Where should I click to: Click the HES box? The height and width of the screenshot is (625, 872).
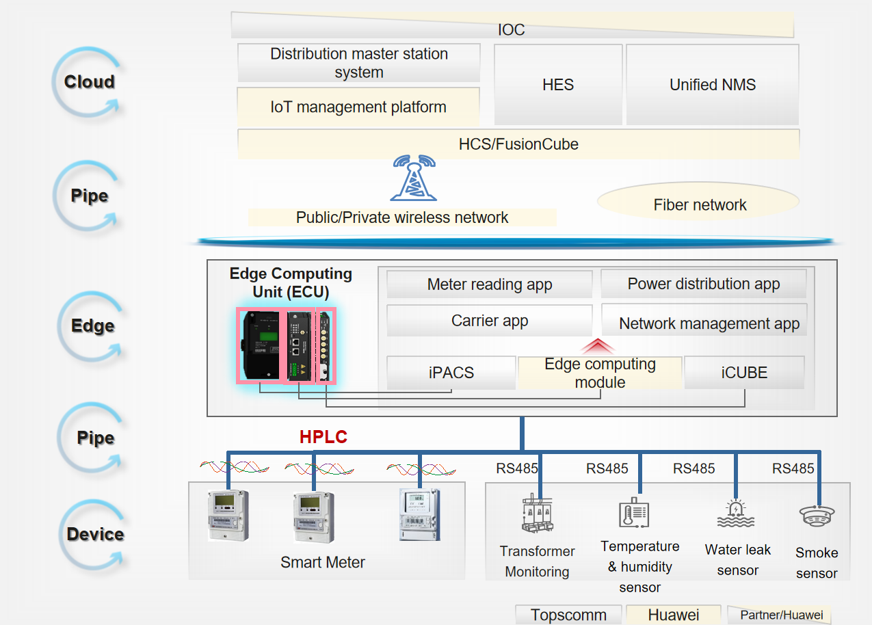(558, 84)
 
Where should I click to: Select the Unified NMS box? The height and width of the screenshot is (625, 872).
(713, 84)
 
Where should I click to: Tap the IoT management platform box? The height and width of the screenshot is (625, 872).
(358, 107)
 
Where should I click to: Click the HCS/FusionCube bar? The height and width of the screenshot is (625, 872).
(518, 144)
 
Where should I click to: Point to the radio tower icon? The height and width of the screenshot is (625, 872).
(413, 178)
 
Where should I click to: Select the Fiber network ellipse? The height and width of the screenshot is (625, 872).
(698, 202)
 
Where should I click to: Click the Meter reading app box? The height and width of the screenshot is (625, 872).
(489, 284)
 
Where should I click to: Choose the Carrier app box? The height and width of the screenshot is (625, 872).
(489, 321)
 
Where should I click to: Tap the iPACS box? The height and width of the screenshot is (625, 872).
(451, 373)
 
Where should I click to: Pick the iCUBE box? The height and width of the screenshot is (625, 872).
(744, 373)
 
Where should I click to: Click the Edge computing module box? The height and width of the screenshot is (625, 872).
(600, 373)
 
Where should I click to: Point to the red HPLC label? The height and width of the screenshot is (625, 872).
(323, 437)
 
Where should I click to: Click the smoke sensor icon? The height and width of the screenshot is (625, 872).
(817, 516)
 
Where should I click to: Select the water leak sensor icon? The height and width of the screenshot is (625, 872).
(736, 514)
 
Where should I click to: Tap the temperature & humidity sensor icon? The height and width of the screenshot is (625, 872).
(634, 513)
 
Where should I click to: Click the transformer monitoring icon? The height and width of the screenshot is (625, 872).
(537, 514)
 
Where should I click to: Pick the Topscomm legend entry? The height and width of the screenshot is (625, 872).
(568, 615)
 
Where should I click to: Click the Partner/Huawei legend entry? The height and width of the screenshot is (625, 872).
(780, 615)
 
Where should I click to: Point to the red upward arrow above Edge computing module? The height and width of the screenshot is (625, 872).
(598, 347)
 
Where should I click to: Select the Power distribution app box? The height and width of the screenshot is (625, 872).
(704, 284)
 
